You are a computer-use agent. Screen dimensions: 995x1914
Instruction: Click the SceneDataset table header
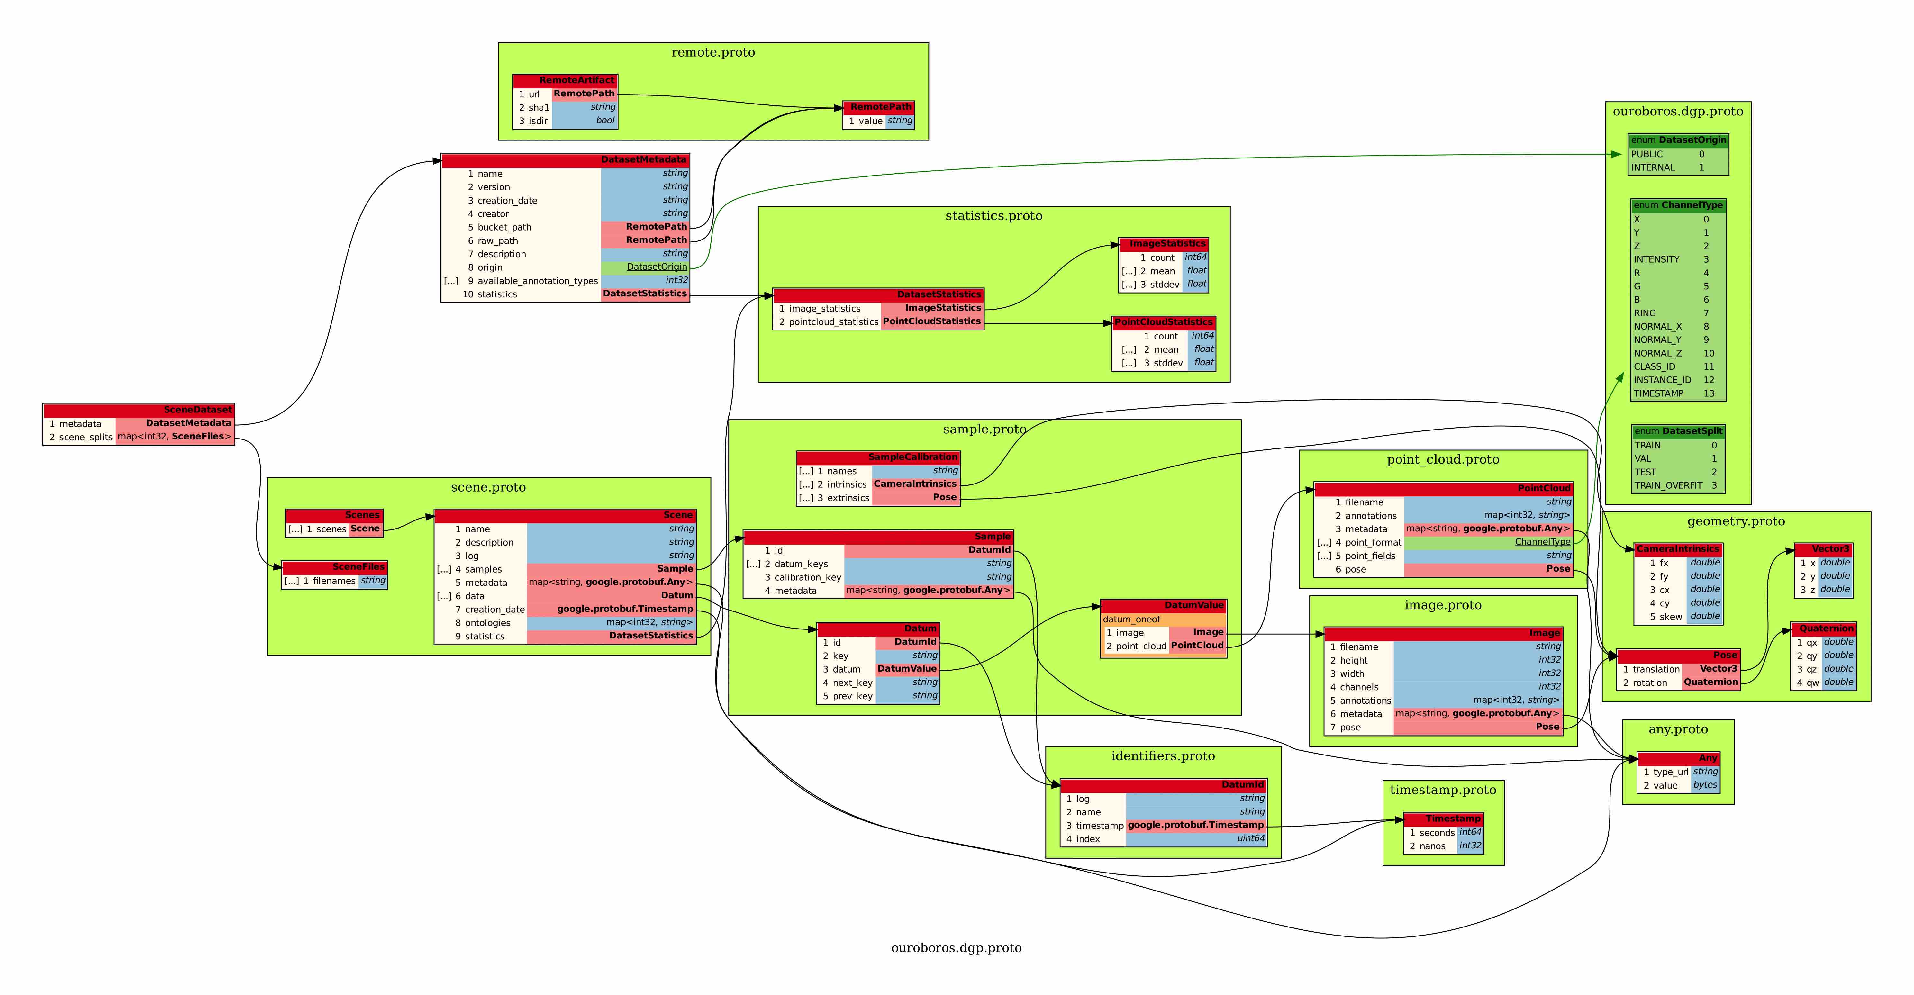(x=139, y=410)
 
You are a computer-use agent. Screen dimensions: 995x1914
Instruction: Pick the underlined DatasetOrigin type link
(x=657, y=267)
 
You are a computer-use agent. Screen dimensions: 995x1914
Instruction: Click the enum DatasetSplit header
(x=1678, y=431)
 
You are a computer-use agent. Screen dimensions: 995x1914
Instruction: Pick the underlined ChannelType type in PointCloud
(x=1543, y=542)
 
